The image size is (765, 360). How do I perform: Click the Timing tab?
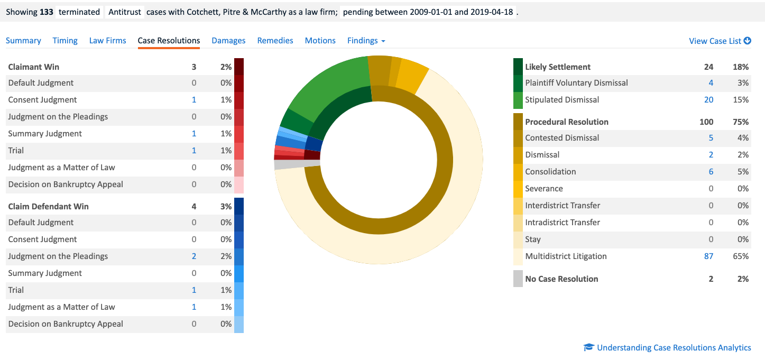pos(65,41)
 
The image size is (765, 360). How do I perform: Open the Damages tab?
pos(228,41)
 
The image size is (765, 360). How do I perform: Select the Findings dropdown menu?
pos(366,41)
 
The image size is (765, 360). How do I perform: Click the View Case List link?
pos(720,41)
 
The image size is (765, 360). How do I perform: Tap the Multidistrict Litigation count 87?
pos(708,256)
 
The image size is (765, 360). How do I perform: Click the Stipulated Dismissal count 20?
pos(708,100)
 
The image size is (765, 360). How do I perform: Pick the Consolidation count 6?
pos(711,172)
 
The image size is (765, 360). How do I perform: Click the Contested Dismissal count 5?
pos(711,138)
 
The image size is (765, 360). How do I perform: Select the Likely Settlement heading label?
pos(558,67)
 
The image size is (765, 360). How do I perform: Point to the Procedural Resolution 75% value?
pos(741,122)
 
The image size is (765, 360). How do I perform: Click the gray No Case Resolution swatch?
pos(518,279)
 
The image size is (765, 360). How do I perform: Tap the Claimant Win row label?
pos(34,67)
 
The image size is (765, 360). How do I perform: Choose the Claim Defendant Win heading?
pos(49,207)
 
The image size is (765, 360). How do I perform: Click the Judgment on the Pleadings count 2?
pos(194,256)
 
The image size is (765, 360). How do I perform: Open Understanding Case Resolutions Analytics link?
pos(674,348)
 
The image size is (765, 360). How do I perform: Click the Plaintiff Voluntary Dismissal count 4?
pos(711,83)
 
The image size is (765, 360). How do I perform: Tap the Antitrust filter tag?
pos(125,12)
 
